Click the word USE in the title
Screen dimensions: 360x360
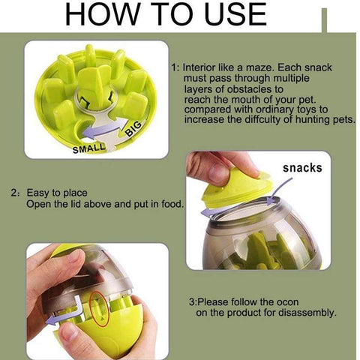pos(235,14)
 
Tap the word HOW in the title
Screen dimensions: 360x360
pos(102,14)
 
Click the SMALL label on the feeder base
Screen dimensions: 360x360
pos(89,148)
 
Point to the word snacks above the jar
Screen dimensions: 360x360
pos(302,168)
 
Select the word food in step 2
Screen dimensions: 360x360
pos(172,204)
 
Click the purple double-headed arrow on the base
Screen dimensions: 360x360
pos(106,128)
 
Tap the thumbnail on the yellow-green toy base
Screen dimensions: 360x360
pos(70,332)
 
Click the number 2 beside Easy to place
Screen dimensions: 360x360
pos(13,193)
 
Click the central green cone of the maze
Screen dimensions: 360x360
pos(95,86)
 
